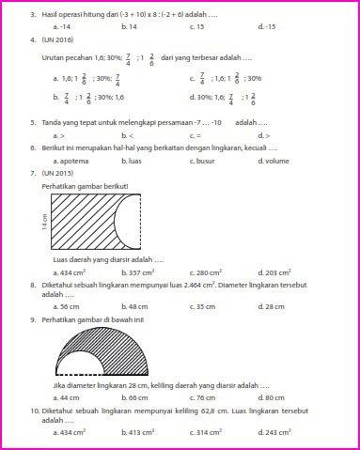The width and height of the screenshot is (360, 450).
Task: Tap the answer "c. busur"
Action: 203,161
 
